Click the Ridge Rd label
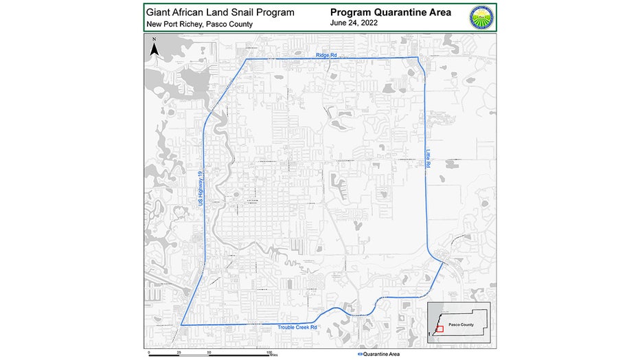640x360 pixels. [x=327, y=54]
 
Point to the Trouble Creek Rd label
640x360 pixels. [x=297, y=328]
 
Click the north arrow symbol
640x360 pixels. [x=155, y=47]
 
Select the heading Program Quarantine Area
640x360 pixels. [x=390, y=12]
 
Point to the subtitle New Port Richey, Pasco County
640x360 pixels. [x=199, y=24]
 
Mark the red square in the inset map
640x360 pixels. [x=440, y=329]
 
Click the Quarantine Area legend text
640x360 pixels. [x=382, y=354]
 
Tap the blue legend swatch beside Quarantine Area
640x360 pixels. [x=361, y=354]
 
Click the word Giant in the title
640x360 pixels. [x=159, y=12]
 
